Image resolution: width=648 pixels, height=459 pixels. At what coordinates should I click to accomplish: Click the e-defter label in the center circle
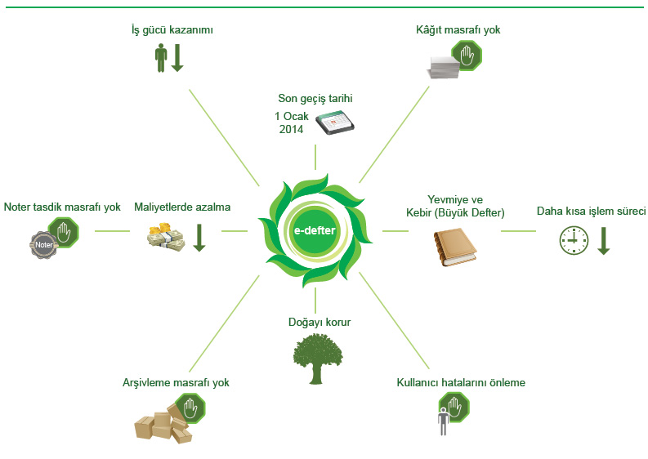point(314,230)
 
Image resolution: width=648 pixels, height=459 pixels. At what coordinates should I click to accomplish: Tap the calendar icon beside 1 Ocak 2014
point(335,123)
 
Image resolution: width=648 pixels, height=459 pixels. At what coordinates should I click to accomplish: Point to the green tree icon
point(317,359)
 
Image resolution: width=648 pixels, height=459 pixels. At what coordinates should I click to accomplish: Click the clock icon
point(574,240)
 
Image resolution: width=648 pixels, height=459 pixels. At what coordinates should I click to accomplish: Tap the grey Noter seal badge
point(43,245)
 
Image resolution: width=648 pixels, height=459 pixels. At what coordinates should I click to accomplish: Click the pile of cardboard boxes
point(164,423)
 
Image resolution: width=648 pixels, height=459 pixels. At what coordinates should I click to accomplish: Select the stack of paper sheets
point(444,67)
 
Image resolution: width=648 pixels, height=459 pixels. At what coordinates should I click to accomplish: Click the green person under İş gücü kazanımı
point(161,58)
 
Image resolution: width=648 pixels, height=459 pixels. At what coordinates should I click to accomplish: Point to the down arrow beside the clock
point(603,240)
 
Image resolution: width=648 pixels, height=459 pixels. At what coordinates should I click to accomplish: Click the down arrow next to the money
point(199,238)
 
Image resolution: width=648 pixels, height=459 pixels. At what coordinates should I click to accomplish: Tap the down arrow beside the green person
point(177,58)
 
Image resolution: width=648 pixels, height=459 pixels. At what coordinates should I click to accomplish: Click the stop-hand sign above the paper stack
point(467,56)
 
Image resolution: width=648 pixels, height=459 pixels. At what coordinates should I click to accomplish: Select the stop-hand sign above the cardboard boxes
point(190,408)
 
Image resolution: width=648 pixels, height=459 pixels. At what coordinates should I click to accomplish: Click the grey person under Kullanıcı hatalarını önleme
point(443,421)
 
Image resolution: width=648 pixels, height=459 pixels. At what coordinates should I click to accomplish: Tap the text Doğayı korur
point(320,323)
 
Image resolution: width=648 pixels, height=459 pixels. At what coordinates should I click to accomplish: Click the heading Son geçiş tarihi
point(315,98)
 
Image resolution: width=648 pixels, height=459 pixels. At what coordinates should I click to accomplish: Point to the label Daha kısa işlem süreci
point(591,211)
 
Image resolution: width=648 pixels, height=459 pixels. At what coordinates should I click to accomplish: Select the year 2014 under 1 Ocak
point(292,129)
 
